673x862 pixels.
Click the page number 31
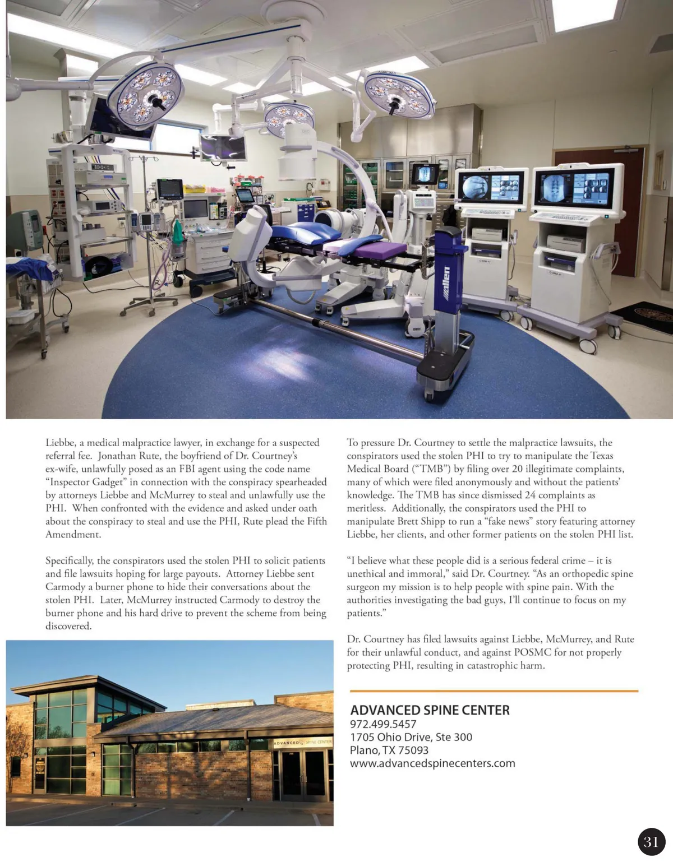(651, 841)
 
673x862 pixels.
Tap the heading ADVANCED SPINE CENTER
(430, 710)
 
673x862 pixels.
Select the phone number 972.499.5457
(383, 724)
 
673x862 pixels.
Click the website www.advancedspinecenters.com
(432, 763)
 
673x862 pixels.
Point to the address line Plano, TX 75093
(389, 750)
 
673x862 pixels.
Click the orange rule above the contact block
(494, 691)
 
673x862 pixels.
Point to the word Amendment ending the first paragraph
(73, 535)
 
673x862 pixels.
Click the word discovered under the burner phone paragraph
(68, 626)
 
